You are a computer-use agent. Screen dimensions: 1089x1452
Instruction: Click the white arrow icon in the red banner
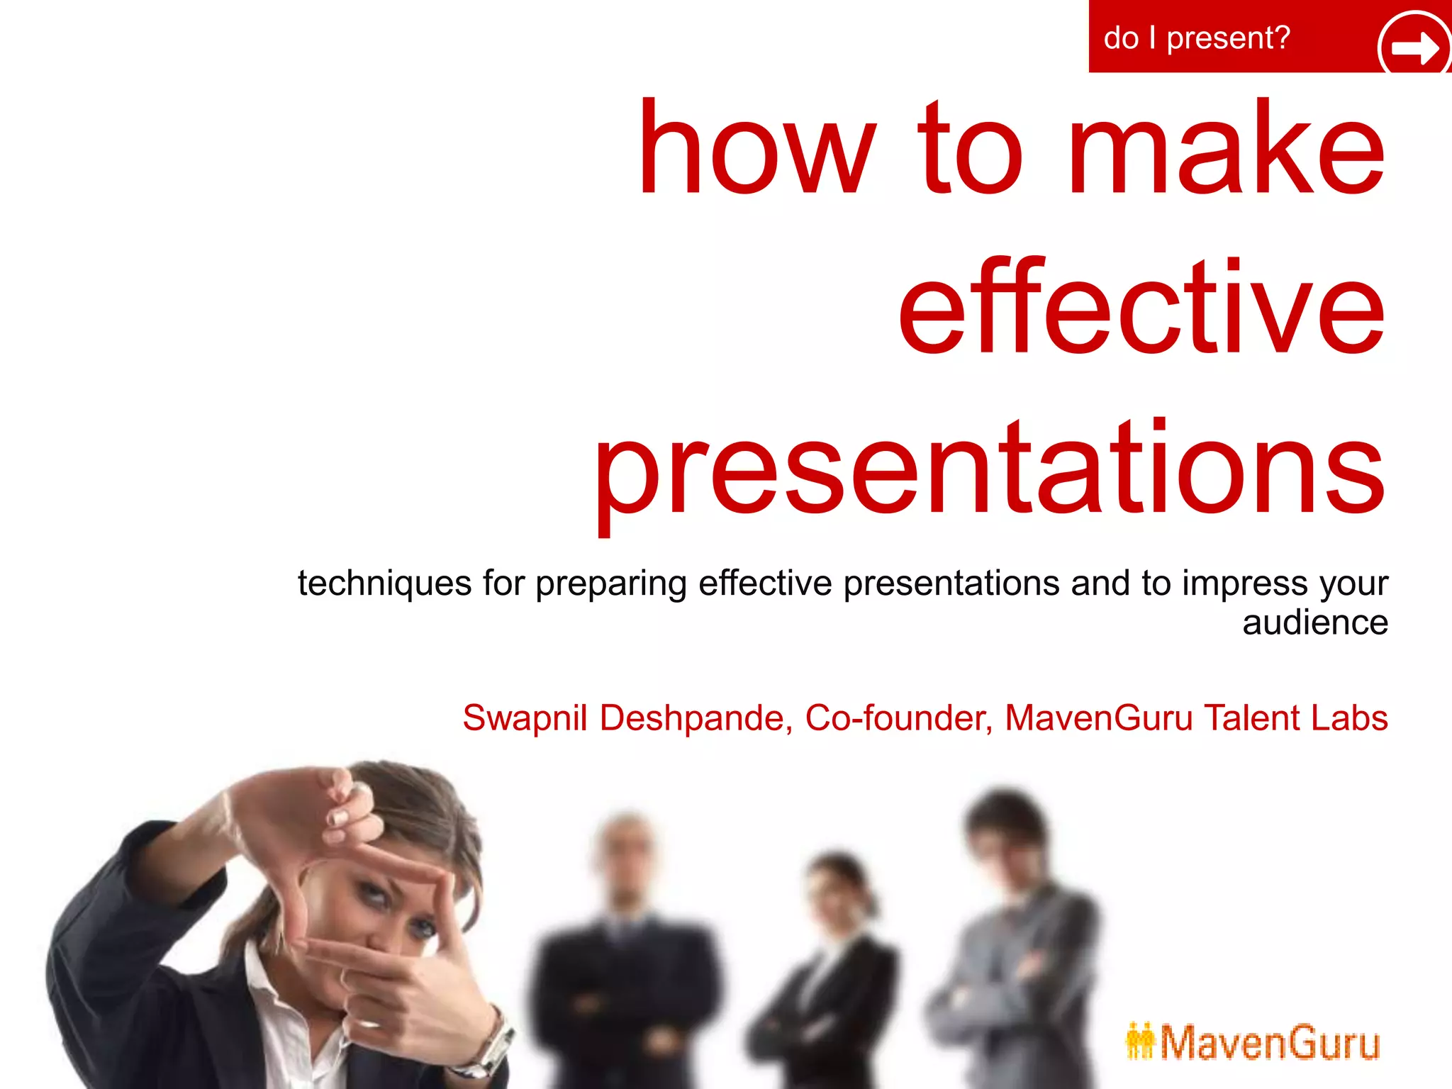click(x=1414, y=47)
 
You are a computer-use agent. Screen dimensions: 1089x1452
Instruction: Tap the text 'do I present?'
click(x=1196, y=38)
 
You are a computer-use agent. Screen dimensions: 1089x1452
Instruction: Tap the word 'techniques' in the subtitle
click(x=384, y=584)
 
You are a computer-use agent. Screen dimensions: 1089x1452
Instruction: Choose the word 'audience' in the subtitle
click(x=1315, y=622)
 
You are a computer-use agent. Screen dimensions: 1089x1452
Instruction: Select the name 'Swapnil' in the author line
click(x=525, y=718)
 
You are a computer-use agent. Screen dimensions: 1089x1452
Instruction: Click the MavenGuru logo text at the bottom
click(x=1269, y=1043)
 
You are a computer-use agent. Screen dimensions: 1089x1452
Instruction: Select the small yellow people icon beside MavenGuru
click(x=1140, y=1041)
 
